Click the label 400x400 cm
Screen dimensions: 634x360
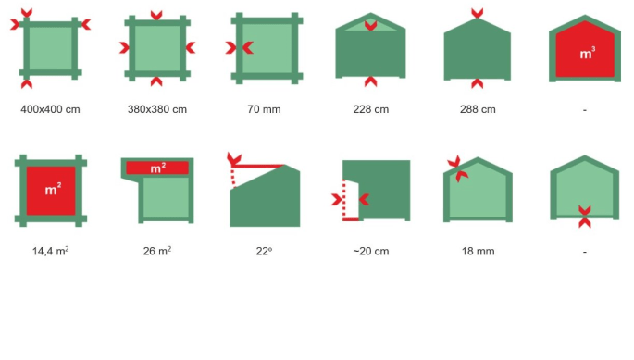pyautogui.click(x=50, y=109)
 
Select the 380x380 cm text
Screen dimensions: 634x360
pyautogui.click(x=157, y=109)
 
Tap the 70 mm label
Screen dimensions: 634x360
pyautogui.click(x=264, y=109)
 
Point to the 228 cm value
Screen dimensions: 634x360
pyautogui.click(x=371, y=109)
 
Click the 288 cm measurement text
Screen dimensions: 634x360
pyautogui.click(x=478, y=109)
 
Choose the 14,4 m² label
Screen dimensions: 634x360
pyautogui.click(x=51, y=251)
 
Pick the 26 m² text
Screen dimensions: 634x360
pyautogui.click(x=157, y=251)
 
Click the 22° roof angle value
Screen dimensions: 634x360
pyautogui.click(x=264, y=251)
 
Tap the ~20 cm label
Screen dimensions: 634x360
pyautogui.click(x=371, y=251)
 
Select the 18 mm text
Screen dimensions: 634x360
pyautogui.click(x=478, y=251)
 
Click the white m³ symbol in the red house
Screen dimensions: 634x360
pyautogui.click(x=587, y=53)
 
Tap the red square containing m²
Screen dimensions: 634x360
pyautogui.click(x=51, y=191)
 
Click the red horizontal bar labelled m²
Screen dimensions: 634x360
pyautogui.click(x=157, y=168)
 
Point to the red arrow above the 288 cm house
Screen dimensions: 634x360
pyautogui.click(x=477, y=13)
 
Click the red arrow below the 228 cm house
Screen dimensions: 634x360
pyautogui.click(x=371, y=81)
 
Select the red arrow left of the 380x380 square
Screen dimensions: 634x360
pyautogui.click(x=125, y=48)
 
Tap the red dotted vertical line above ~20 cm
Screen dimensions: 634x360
pyautogui.click(x=344, y=199)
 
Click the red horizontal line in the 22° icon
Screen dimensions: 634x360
pyautogui.click(x=258, y=166)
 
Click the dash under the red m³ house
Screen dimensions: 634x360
pyautogui.click(x=585, y=109)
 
